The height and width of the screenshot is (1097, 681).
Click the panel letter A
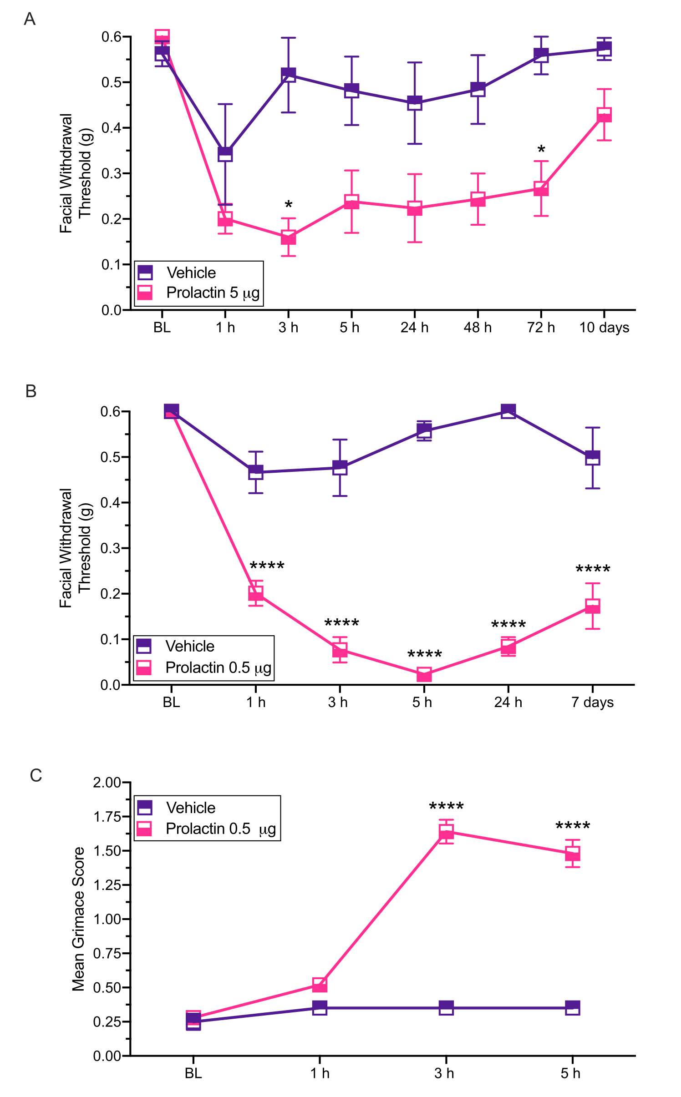point(30,19)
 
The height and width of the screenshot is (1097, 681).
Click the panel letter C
point(36,775)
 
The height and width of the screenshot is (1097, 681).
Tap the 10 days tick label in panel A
point(604,328)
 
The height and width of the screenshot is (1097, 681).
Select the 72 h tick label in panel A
point(541,328)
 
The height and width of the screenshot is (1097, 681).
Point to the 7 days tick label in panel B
point(592,703)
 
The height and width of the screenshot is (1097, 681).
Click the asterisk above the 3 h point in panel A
point(289,205)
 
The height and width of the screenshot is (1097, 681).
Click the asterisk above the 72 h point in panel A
point(541,150)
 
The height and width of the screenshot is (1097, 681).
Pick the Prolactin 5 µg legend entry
point(213,293)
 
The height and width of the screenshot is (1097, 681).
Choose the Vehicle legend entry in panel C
point(191,808)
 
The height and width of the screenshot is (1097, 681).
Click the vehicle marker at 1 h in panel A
point(225,154)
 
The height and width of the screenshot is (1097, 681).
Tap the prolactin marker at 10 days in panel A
point(604,115)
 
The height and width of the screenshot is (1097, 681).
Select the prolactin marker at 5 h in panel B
point(424,675)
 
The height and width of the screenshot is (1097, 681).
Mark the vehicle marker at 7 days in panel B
point(592,458)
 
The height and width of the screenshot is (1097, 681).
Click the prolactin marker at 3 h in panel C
point(446,832)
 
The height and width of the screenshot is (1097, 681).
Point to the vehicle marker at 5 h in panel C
point(573,1008)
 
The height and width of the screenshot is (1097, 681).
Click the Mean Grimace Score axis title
point(78,919)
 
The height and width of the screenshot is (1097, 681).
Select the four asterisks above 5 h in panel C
point(573,826)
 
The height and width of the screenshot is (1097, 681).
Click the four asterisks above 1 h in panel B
point(267,566)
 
